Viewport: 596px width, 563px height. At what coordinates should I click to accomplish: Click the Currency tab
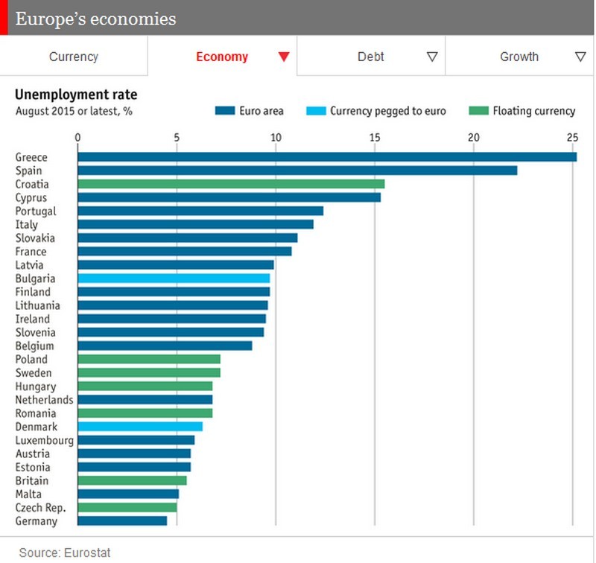pos(73,57)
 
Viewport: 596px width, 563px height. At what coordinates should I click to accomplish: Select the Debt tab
pos(370,57)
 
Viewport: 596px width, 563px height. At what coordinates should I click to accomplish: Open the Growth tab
pos(519,57)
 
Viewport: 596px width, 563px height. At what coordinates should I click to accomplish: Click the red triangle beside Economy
pos(283,57)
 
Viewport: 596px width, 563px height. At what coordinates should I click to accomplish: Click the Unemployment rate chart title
pos(76,95)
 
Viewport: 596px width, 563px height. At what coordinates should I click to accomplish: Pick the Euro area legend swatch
pos(225,111)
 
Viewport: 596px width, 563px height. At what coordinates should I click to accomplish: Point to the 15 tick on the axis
pos(375,137)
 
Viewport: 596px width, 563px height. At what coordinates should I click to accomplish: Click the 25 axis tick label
pos(571,137)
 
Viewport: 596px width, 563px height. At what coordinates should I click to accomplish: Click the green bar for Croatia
pos(231,184)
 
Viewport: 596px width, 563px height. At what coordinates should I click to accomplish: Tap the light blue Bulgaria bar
pos(174,279)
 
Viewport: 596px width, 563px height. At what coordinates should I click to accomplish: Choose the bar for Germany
pos(122,521)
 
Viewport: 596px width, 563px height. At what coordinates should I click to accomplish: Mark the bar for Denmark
pos(140,427)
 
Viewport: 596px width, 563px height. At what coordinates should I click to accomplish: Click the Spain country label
pos(28,171)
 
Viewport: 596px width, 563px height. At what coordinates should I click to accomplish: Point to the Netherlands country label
pos(44,400)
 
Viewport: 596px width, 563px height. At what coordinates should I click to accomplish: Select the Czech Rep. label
pos(40,508)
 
